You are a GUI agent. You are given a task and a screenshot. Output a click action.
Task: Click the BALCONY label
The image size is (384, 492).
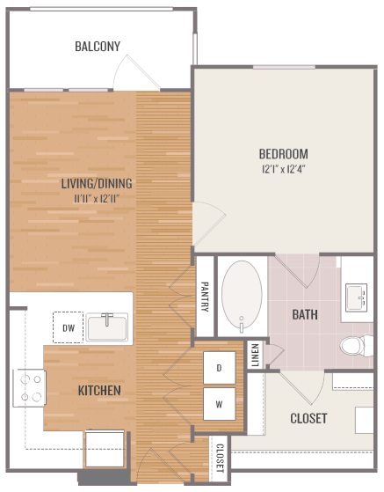point(98,46)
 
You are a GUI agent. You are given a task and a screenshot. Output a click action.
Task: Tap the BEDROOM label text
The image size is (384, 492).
point(283,153)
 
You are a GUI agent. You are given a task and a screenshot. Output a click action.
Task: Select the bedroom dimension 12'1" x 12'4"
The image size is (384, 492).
point(283,167)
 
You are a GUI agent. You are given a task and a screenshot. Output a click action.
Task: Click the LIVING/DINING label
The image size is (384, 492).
point(97,184)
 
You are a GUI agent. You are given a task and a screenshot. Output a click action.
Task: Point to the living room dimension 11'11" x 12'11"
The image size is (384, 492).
point(97,198)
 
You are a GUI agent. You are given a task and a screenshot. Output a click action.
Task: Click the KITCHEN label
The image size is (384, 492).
point(98,389)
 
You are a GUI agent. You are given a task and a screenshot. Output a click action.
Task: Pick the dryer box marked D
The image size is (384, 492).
point(219,369)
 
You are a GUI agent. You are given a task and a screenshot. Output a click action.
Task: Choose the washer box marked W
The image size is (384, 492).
point(219,405)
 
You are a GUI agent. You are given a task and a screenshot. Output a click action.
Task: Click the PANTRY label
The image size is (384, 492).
point(204,296)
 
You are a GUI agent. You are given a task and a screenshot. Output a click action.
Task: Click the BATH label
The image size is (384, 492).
point(305,314)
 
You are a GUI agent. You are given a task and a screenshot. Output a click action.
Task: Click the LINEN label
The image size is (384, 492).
point(255,355)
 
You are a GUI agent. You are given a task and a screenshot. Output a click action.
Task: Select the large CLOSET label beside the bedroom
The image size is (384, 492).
point(308,418)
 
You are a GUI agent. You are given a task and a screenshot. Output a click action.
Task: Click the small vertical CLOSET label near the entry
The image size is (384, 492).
point(219,457)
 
